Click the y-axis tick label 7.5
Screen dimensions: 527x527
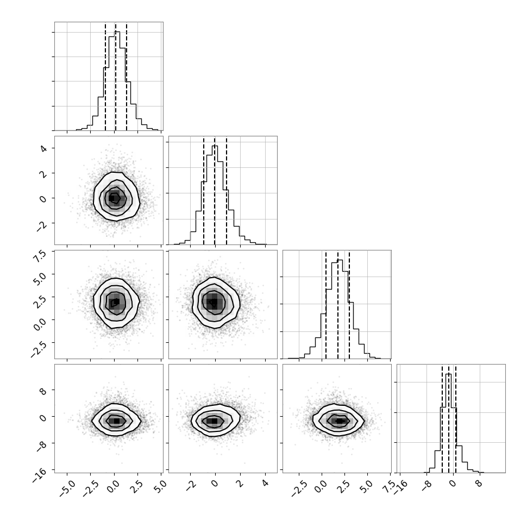(x=40, y=256)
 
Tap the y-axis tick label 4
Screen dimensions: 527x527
(x=43, y=148)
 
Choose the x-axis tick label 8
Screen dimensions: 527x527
(x=479, y=484)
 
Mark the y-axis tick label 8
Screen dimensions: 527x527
(x=43, y=390)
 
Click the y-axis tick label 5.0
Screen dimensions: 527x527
(x=40, y=279)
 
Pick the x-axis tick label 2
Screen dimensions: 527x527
(x=240, y=484)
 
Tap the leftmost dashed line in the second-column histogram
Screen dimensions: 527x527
(x=204, y=190)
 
